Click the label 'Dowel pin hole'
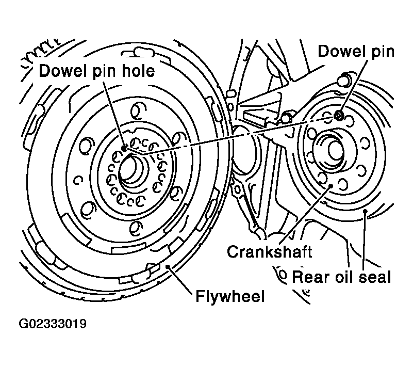[96, 71]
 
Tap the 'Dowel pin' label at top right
[356, 51]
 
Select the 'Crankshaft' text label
[270, 251]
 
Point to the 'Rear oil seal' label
[341, 277]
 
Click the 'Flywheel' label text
[230, 296]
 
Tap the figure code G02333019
[53, 324]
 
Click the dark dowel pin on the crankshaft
[338, 116]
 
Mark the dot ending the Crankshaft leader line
[331, 186]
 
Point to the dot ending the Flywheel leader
[168, 267]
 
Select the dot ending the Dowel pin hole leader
[124, 149]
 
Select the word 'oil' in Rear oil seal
[341, 277]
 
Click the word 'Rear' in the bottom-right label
[310, 277]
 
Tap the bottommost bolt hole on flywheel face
[136, 227]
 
